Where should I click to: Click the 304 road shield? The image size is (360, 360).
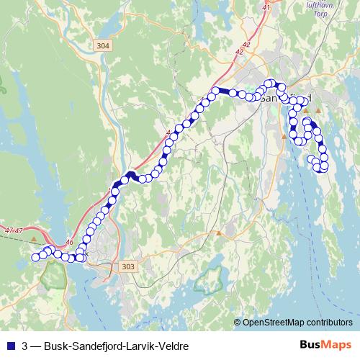click(x=103, y=46)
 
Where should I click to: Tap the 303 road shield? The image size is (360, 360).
click(x=128, y=266)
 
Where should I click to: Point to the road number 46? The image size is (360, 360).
click(x=69, y=243)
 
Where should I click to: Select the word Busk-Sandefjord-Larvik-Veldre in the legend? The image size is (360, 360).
click(x=116, y=346)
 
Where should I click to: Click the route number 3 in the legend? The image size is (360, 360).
click(x=24, y=346)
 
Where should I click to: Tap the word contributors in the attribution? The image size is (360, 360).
click(x=330, y=323)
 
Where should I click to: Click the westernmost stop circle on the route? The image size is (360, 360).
click(x=35, y=257)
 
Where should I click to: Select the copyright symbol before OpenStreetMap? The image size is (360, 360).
click(x=238, y=323)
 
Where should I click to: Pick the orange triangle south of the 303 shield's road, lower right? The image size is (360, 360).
click(x=218, y=233)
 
